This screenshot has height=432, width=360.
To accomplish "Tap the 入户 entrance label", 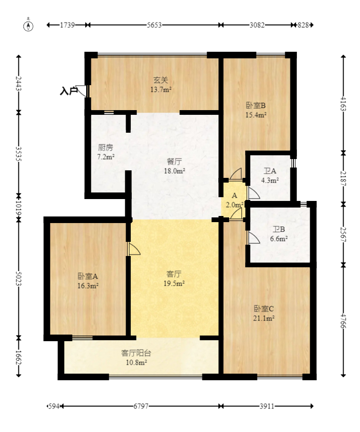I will click(69, 91).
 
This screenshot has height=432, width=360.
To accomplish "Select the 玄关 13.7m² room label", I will click(160, 85).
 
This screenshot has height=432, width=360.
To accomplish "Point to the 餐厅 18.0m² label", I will click(174, 167).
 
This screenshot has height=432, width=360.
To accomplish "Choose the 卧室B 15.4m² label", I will click(256, 110).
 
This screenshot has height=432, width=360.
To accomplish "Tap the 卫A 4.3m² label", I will click(270, 176).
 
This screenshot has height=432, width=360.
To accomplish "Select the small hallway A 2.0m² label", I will click(234, 200).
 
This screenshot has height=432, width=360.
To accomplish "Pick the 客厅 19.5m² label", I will click(175, 278).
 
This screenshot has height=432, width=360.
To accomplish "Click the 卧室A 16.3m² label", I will click(88, 280).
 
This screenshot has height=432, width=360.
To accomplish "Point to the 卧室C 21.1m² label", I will click(264, 313).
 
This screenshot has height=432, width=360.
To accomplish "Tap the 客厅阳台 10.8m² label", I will click(136, 357).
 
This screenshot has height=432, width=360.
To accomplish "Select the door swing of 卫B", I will click(253, 238).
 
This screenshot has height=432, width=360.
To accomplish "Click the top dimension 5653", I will click(154, 25).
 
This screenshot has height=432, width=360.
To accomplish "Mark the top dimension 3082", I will click(256, 25).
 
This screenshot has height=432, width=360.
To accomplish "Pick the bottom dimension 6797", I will click(141, 406).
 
